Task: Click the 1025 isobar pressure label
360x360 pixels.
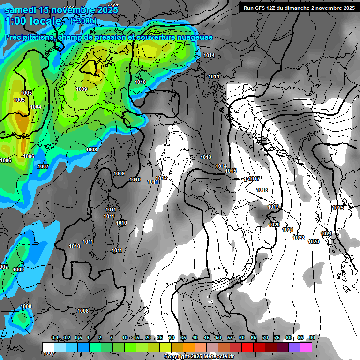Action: tap(337, 208)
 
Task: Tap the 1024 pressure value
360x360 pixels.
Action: tap(326, 233)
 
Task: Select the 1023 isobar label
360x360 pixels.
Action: tap(314, 241)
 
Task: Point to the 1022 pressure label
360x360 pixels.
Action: tap(299, 238)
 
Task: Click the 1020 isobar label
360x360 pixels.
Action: tap(274, 225)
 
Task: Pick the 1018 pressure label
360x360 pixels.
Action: tap(262, 190)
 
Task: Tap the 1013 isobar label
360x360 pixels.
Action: tap(206, 157)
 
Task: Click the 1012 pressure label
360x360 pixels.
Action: tap(162, 178)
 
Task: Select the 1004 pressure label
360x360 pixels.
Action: tap(36, 107)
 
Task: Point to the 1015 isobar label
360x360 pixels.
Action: tap(231, 171)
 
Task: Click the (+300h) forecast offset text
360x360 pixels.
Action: tap(83, 21)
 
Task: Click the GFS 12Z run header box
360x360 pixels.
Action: tap(299, 7)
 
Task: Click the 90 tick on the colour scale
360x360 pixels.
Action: tap(312, 337)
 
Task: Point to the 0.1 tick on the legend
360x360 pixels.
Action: tap(55, 337)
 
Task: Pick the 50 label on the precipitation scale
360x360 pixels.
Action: tap(218, 337)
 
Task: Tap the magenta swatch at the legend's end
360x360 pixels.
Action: tap(306, 347)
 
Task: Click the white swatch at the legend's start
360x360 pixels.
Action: tap(48, 347)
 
